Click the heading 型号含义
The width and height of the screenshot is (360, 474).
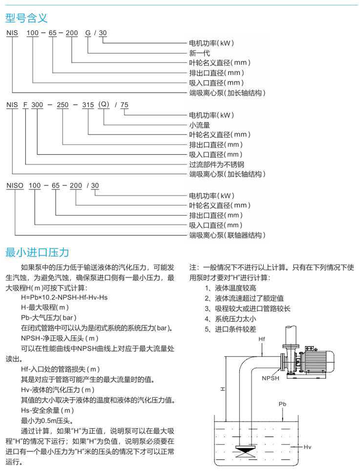point(26,18)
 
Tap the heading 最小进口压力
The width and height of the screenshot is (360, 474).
point(37,252)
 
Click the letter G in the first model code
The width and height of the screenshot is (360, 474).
point(88,33)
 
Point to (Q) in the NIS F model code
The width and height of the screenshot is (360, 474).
point(104,104)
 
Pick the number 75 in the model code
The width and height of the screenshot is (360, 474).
point(125,105)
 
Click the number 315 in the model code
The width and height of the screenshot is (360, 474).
point(88,105)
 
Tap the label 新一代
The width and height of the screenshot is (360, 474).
point(198,53)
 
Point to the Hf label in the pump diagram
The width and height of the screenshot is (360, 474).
point(263,339)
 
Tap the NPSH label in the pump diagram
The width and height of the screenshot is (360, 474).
point(270,379)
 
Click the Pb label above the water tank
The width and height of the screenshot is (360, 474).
point(282,404)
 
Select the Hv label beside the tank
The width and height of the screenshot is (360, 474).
point(308,447)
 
